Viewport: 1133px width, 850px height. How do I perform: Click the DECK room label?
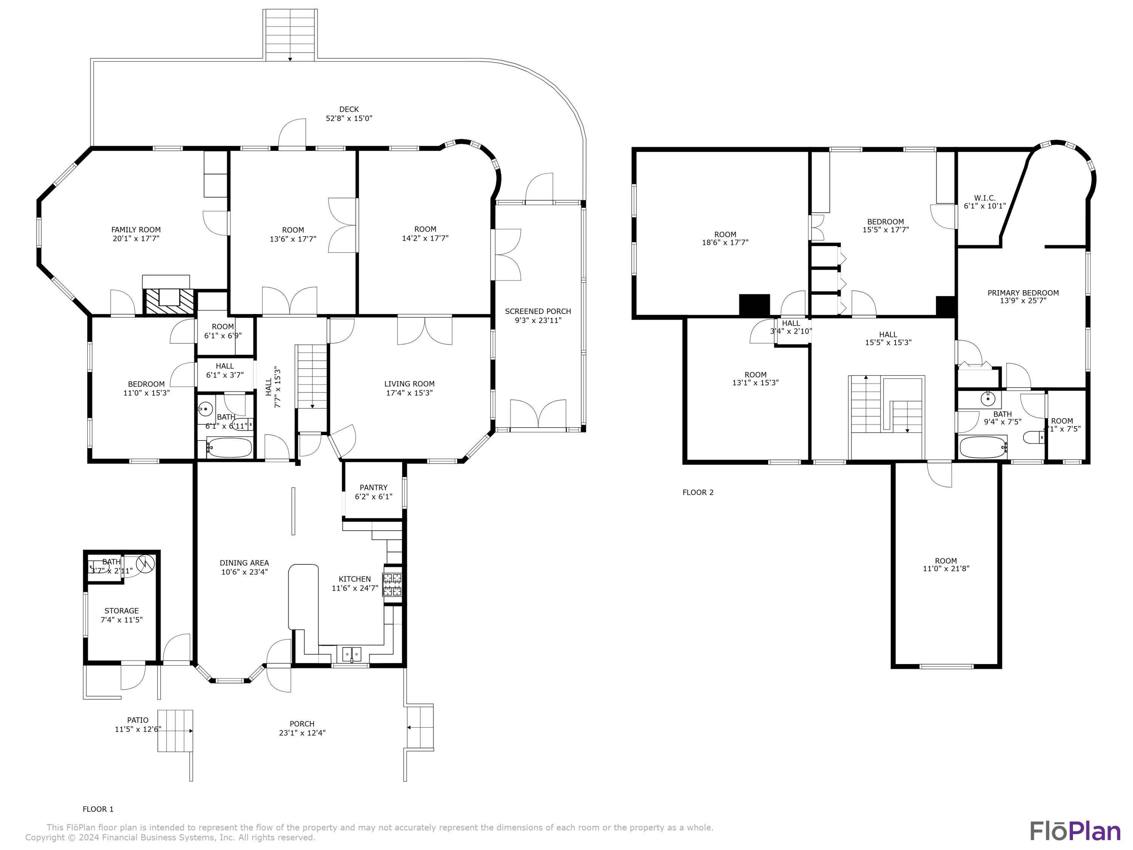click(x=349, y=109)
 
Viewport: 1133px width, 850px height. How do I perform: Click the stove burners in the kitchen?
click(x=393, y=584)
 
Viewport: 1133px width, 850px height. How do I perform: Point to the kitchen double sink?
click(x=352, y=654)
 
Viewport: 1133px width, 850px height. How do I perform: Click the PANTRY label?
click(x=374, y=487)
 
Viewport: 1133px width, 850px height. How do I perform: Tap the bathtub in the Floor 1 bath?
click(x=230, y=448)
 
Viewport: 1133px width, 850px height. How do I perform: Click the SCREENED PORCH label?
click(x=538, y=311)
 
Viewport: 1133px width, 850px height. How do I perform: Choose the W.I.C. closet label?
click(x=985, y=198)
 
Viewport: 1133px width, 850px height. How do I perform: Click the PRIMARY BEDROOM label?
click(x=1023, y=292)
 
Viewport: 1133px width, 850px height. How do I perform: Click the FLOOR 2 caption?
click(x=698, y=492)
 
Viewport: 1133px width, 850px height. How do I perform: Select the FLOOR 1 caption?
click(x=98, y=809)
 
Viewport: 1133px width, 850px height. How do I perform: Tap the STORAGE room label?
click(x=121, y=611)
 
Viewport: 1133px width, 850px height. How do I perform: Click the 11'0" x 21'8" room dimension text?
click(x=946, y=569)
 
